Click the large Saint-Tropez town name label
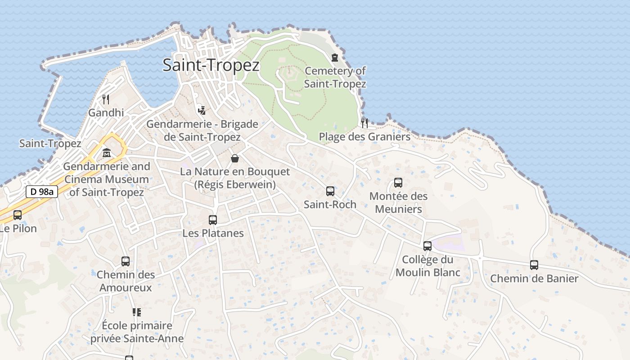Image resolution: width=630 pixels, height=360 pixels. [211, 65]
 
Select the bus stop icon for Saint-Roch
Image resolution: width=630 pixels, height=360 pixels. [330, 191]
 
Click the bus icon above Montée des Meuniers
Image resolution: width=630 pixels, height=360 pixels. [398, 183]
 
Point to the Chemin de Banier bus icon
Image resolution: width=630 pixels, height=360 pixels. [534, 265]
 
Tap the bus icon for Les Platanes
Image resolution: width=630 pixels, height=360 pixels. [213, 220]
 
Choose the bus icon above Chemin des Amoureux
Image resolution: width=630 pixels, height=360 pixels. [126, 261]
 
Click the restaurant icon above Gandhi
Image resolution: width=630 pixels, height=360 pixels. [106, 99]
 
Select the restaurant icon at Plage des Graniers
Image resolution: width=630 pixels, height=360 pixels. [364, 123]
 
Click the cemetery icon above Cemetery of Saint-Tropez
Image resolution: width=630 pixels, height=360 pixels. [335, 58]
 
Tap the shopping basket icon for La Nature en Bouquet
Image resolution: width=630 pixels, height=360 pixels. [235, 158]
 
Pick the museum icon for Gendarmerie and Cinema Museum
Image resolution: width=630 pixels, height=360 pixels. [107, 153]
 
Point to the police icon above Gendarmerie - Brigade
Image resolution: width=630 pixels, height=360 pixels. [202, 110]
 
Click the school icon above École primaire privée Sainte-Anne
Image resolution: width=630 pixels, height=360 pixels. [137, 312]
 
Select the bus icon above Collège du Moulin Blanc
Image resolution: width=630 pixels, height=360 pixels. [427, 246]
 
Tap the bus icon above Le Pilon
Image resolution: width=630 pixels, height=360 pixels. [18, 215]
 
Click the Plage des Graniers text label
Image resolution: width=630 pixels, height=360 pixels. [364, 137]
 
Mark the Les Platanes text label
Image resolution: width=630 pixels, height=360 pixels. [213, 233]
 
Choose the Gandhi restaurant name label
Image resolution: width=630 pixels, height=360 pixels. [106, 112]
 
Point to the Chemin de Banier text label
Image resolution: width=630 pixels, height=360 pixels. [534, 279]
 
